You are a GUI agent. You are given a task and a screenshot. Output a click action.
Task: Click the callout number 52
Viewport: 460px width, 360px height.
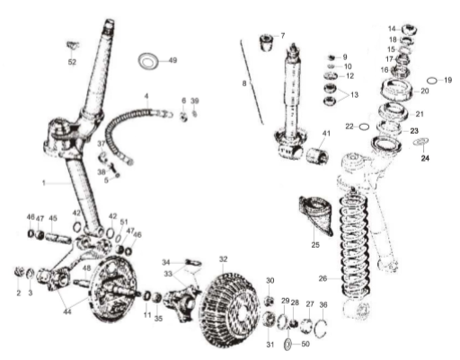(72, 62)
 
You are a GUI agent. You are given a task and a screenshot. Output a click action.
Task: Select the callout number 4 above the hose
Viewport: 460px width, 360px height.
(146, 96)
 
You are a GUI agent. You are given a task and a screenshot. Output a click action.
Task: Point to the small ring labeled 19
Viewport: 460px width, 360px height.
(432, 81)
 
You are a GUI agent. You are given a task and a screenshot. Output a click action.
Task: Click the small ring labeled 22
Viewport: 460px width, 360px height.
(364, 127)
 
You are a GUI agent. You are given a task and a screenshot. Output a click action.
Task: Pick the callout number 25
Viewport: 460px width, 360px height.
(315, 245)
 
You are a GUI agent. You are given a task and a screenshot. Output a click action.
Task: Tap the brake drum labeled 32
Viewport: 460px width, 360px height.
(229, 310)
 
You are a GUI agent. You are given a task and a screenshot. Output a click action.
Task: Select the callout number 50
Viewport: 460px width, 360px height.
(305, 344)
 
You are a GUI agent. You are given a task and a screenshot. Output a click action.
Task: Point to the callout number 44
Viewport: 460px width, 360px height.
(67, 312)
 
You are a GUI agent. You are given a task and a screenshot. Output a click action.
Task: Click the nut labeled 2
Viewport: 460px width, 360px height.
(19, 272)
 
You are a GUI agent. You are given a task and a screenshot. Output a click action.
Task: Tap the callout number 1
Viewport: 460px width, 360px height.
(44, 182)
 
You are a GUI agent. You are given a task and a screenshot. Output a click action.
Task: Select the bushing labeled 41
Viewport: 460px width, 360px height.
(318, 155)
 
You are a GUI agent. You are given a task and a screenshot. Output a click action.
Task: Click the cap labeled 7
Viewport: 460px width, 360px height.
(267, 43)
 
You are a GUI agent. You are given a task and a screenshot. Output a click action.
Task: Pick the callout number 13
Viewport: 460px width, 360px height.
(354, 95)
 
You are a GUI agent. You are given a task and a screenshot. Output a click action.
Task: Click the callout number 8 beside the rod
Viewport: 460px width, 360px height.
(244, 83)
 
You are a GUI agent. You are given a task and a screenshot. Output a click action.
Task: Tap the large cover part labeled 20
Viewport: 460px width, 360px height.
(396, 89)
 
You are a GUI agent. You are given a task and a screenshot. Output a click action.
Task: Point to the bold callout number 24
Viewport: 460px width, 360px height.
(425, 158)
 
